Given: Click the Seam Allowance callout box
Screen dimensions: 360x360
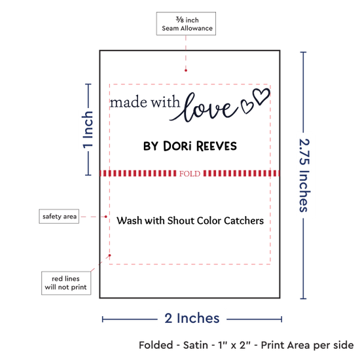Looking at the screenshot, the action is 186,24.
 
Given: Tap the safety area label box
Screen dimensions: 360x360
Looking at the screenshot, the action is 59,216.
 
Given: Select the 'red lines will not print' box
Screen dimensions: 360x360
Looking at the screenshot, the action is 66,283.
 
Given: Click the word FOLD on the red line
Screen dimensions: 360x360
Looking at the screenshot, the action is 190,173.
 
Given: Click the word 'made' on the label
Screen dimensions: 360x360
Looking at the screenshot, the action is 128,102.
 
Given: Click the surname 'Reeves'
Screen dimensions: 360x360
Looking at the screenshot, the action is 217,146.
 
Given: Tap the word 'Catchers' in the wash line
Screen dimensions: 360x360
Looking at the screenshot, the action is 244,221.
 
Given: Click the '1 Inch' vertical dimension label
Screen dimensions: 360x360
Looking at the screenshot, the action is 88,130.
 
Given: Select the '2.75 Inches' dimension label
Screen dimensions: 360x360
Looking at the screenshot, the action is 304,175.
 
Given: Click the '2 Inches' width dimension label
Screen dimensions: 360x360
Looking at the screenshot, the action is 192,318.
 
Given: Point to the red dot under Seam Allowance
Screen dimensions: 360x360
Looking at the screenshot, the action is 186,71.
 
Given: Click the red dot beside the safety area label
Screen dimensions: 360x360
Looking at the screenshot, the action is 106,217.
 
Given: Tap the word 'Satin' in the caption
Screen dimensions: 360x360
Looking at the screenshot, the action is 196,345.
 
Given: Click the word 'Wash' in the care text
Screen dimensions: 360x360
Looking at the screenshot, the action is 129,221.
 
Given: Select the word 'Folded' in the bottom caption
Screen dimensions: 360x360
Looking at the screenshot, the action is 156,345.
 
